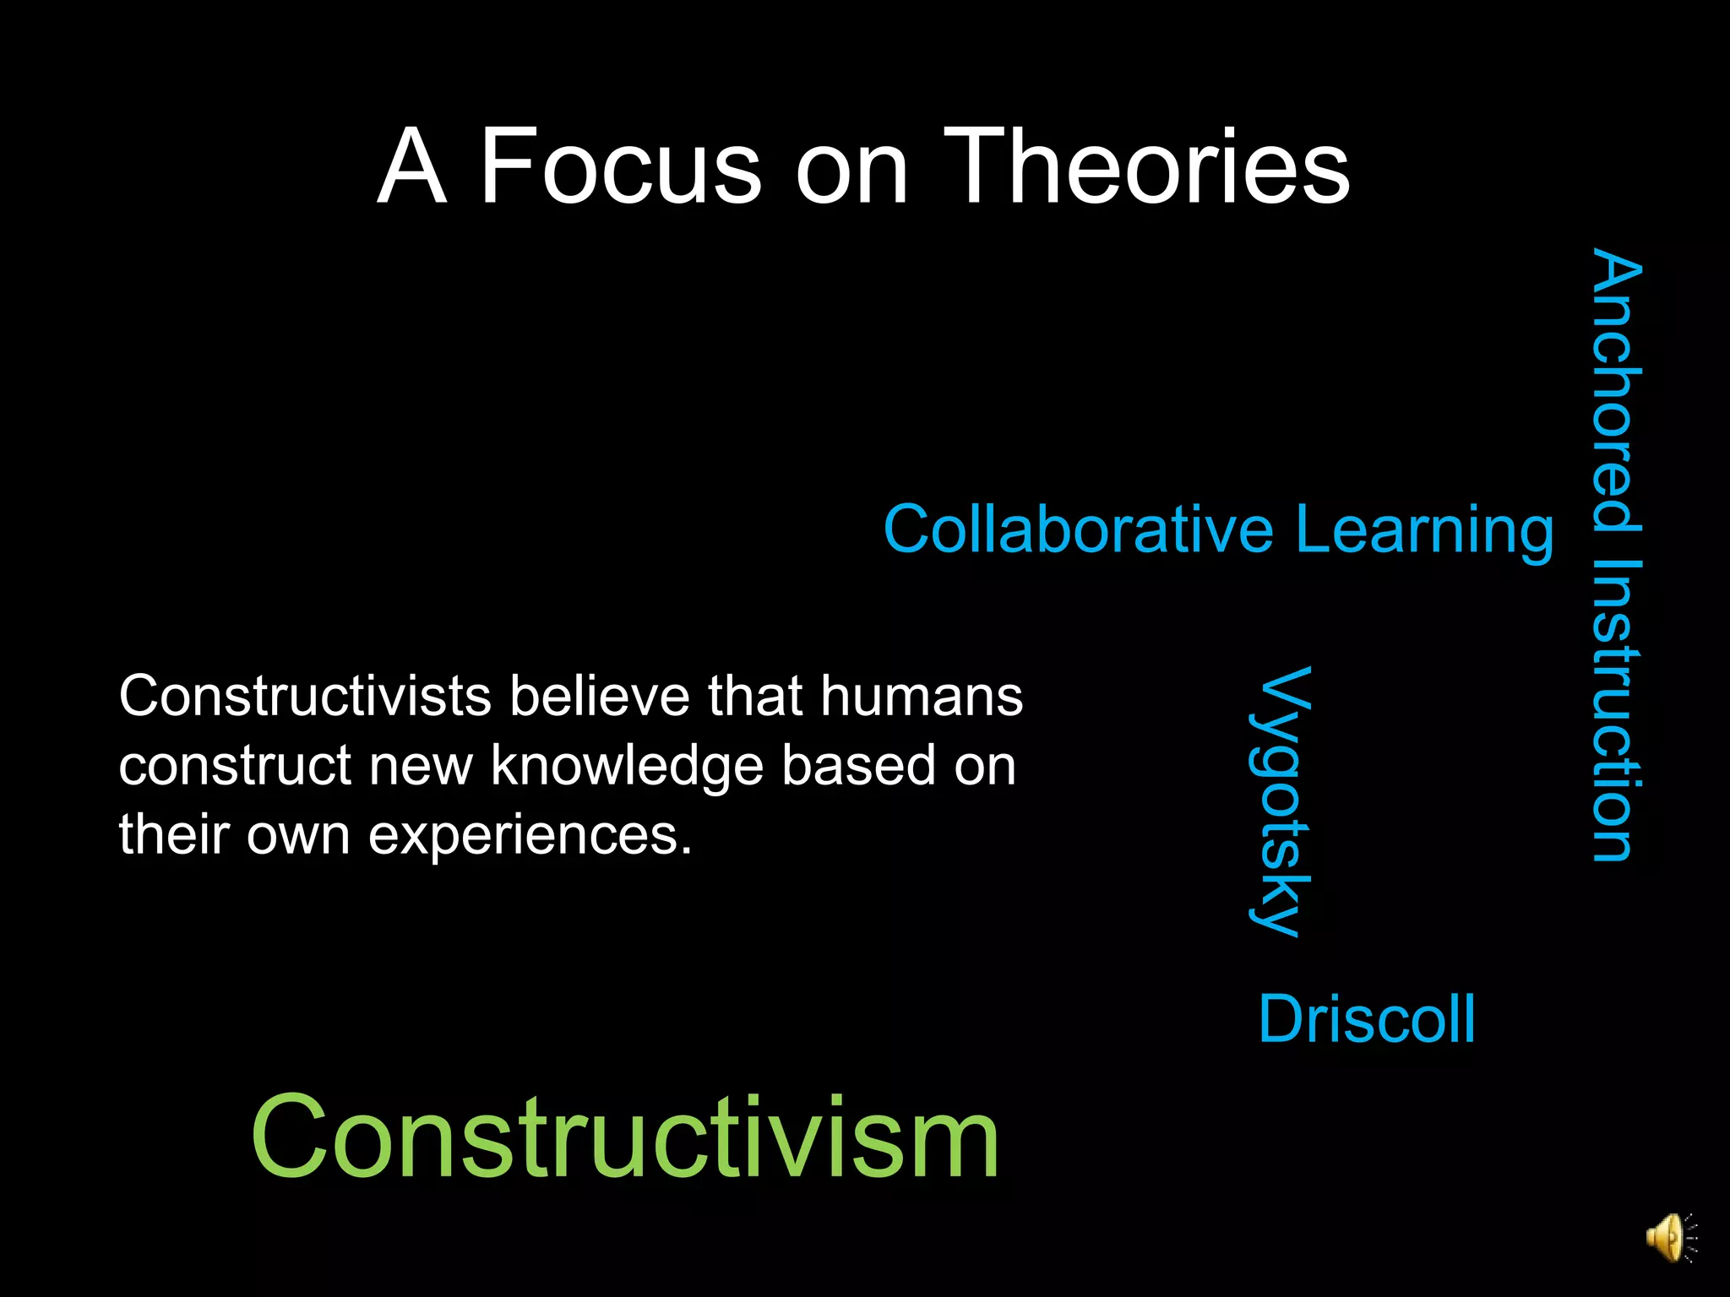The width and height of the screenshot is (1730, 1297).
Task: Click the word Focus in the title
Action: (x=621, y=166)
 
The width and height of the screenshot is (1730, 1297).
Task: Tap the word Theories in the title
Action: (x=1146, y=166)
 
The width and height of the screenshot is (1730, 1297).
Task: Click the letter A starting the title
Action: (x=411, y=166)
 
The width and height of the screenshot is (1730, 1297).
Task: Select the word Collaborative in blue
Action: (x=1078, y=529)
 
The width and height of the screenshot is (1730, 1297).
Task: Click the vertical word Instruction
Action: (x=1616, y=709)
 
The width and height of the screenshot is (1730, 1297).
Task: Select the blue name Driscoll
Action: (x=1367, y=1019)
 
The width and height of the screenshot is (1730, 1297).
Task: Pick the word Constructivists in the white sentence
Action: (x=305, y=697)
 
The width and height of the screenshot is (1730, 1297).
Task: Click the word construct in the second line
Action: (x=235, y=766)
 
